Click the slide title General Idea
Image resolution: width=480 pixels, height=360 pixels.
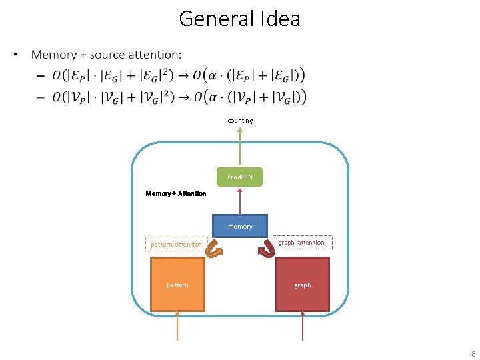click(239, 18)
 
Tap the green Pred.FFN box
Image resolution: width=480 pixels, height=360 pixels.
click(240, 177)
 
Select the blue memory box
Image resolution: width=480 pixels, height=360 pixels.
click(240, 226)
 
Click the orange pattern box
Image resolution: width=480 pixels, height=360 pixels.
click(177, 285)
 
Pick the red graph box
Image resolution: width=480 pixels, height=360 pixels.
click(303, 285)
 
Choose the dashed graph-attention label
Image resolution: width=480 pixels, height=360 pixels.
click(302, 243)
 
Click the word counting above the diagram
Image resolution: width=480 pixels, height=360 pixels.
click(240, 121)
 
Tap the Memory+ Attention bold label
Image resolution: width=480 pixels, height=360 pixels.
click(176, 193)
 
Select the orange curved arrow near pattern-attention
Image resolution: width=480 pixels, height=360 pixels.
click(213, 248)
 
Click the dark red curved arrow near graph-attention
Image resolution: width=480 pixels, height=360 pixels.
click(267, 248)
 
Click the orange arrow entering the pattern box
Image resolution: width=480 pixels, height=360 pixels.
click(177, 327)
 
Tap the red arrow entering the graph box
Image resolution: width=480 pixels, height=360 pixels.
click(303, 327)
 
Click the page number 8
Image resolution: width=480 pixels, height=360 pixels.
click(473, 354)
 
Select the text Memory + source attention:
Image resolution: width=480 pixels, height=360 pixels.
click(106, 54)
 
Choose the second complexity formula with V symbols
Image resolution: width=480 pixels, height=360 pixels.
click(180, 97)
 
